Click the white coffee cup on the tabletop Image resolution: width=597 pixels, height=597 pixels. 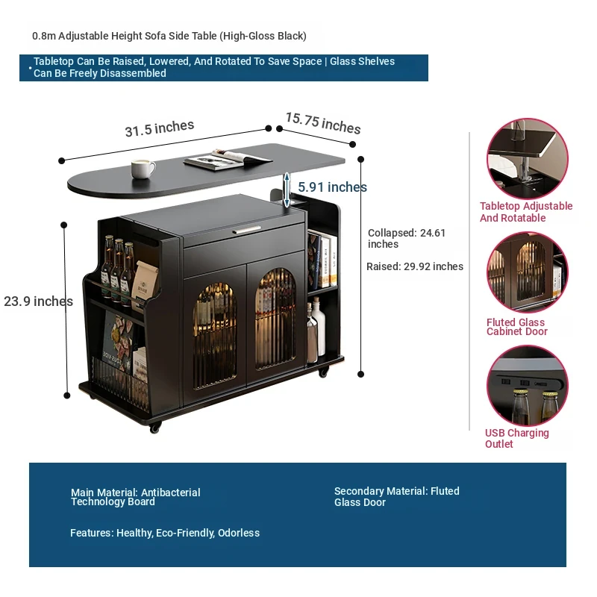point(143,169)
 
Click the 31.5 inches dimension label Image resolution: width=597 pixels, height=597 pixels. point(159,128)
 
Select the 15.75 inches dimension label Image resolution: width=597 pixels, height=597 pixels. point(322,123)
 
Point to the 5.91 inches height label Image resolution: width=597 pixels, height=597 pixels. point(332,187)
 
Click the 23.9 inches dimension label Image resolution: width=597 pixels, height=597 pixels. point(38,301)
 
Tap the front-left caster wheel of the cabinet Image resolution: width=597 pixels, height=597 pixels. point(154,428)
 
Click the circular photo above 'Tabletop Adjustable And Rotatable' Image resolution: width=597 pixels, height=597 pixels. point(527,158)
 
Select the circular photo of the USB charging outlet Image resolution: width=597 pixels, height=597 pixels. point(527,385)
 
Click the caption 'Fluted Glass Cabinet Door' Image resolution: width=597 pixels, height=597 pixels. point(516,327)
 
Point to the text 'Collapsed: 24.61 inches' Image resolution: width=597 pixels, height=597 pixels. point(406,238)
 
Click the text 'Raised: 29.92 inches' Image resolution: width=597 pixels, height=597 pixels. point(414,266)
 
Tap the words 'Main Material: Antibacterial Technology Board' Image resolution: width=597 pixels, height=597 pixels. point(135,497)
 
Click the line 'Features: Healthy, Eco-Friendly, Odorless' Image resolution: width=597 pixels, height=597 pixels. point(164,533)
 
